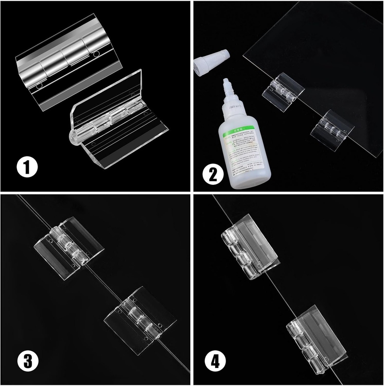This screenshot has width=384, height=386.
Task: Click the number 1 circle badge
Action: point(27,167)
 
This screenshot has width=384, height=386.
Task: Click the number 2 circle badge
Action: point(213,174)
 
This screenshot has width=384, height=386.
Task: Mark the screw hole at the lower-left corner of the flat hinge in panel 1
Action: point(38,87)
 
